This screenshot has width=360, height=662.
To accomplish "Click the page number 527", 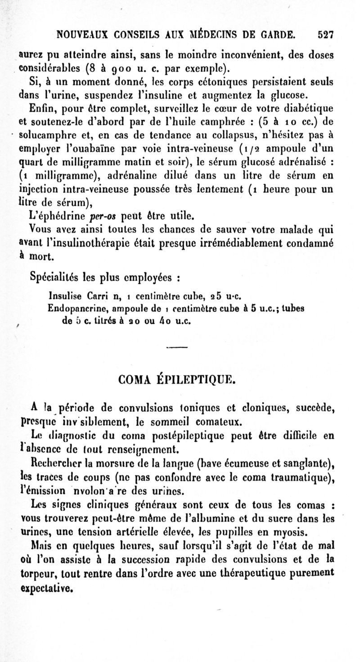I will pyautogui.click(x=324, y=33).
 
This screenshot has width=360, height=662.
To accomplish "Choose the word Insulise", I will pyautogui.click(x=63, y=297).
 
